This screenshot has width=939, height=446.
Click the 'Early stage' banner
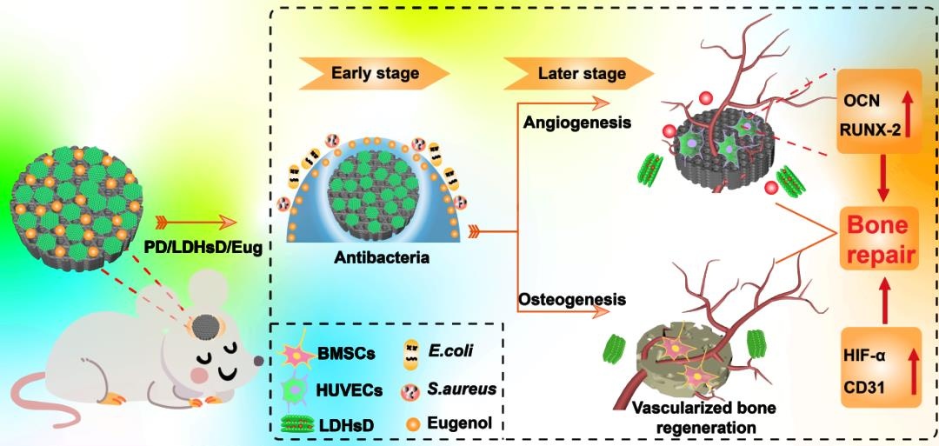click(x=375, y=73)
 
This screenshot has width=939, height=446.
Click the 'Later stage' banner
click(x=581, y=73)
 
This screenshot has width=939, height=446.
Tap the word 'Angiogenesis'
click(x=576, y=122)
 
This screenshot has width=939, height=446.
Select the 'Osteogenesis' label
click(x=572, y=299)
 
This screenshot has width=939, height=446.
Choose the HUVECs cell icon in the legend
click(x=296, y=390)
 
